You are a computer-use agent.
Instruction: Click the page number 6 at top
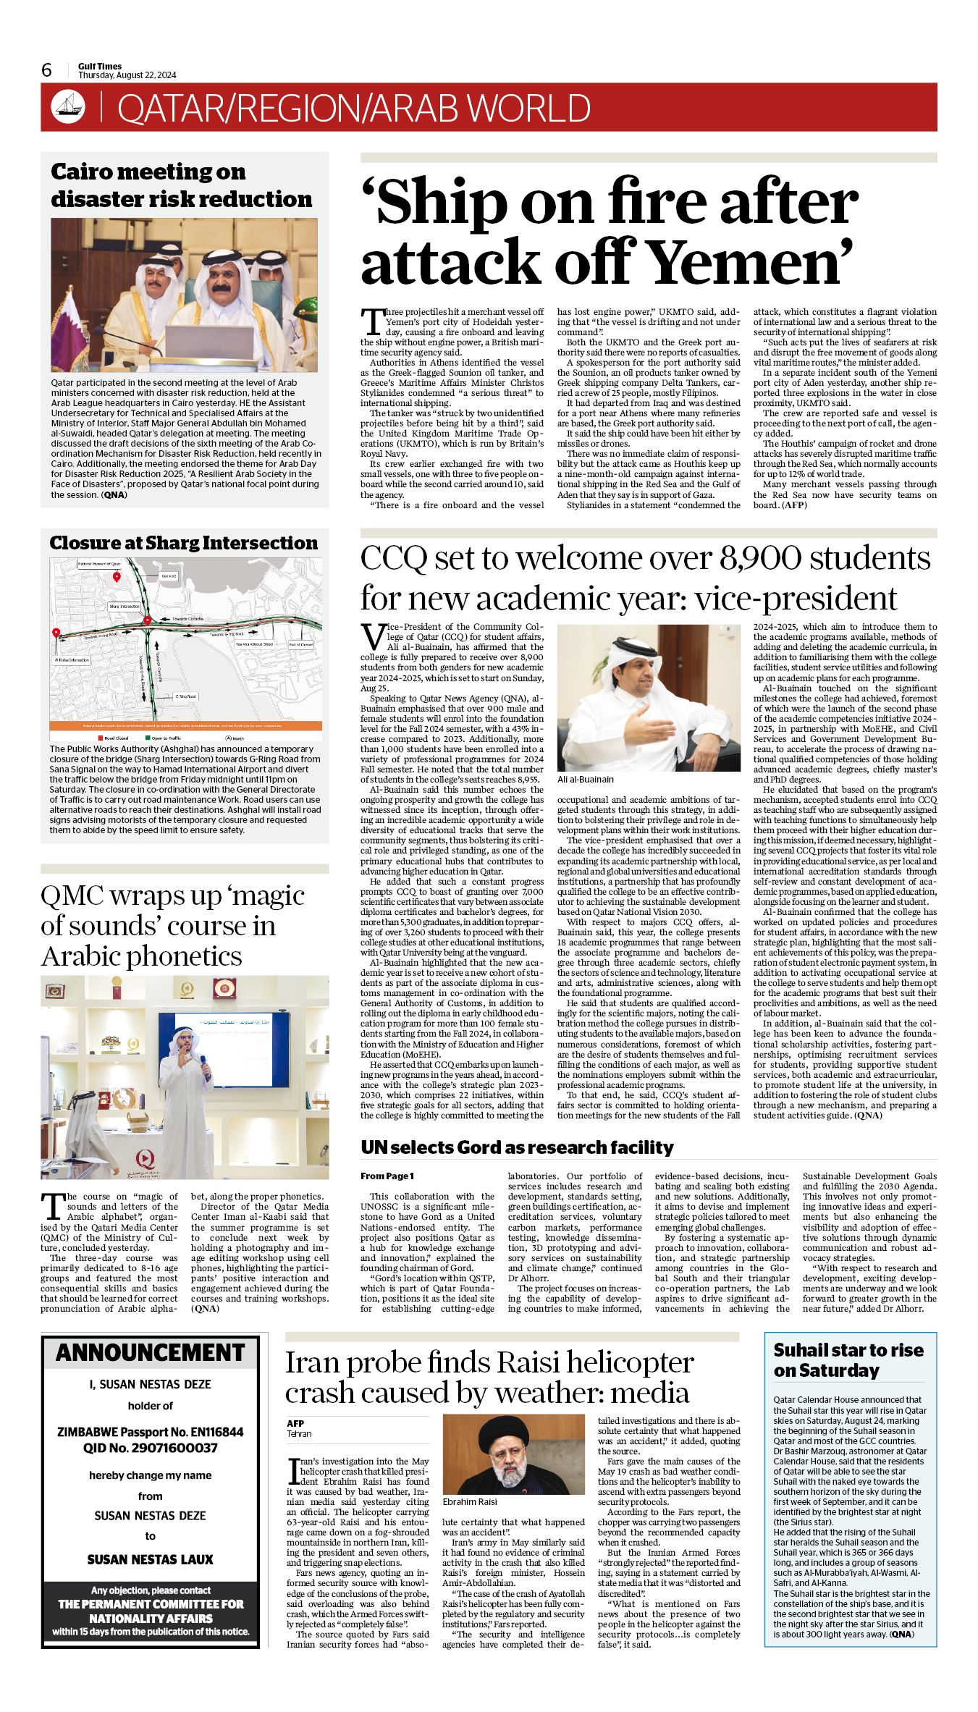tap(47, 69)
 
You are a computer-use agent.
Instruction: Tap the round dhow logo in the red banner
tap(68, 107)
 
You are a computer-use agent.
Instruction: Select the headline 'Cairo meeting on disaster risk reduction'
tap(181, 185)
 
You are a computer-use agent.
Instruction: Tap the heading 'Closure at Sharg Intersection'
tap(183, 543)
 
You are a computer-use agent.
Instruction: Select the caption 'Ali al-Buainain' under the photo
tap(586, 780)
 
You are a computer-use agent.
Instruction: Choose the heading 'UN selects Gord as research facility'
tap(517, 1147)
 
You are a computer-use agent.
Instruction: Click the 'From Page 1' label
tap(387, 1176)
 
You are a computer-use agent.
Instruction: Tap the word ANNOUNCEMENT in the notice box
tap(151, 1352)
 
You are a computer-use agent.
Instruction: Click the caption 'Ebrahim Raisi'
tap(470, 1502)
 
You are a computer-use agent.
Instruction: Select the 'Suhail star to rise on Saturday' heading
tap(848, 1360)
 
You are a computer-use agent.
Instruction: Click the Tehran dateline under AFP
tap(299, 1433)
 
